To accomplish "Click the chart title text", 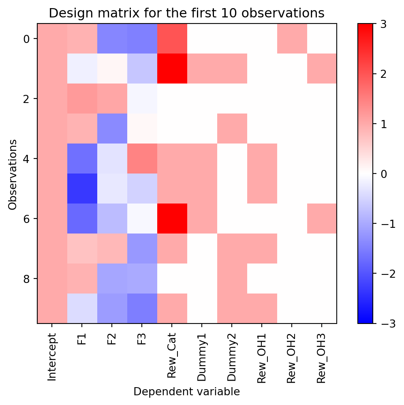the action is [x=186, y=13].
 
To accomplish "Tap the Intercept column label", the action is [x=51, y=357].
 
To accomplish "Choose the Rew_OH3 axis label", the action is [x=321, y=358].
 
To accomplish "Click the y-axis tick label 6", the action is [x=27, y=219].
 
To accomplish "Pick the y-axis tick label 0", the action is [x=27, y=39].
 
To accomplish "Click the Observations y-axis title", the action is [x=13, y=175].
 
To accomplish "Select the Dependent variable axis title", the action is [x=187, y=392].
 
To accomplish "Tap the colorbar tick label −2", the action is [x=385, y=273].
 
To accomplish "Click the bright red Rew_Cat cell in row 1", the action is [x=172, y=69].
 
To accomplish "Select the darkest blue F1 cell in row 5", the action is [x=82, y=189].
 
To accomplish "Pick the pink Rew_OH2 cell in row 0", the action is [x=292, y=39].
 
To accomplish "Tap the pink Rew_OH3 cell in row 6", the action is [x=322, y=219].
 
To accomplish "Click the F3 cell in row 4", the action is [x=142, y=159].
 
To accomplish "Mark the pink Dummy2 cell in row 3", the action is [x=232, y=129].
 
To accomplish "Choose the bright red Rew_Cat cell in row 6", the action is [x=172, y=219].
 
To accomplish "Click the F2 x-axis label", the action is [x=111, y=339].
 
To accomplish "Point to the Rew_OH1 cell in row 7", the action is [x=262, y=249].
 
